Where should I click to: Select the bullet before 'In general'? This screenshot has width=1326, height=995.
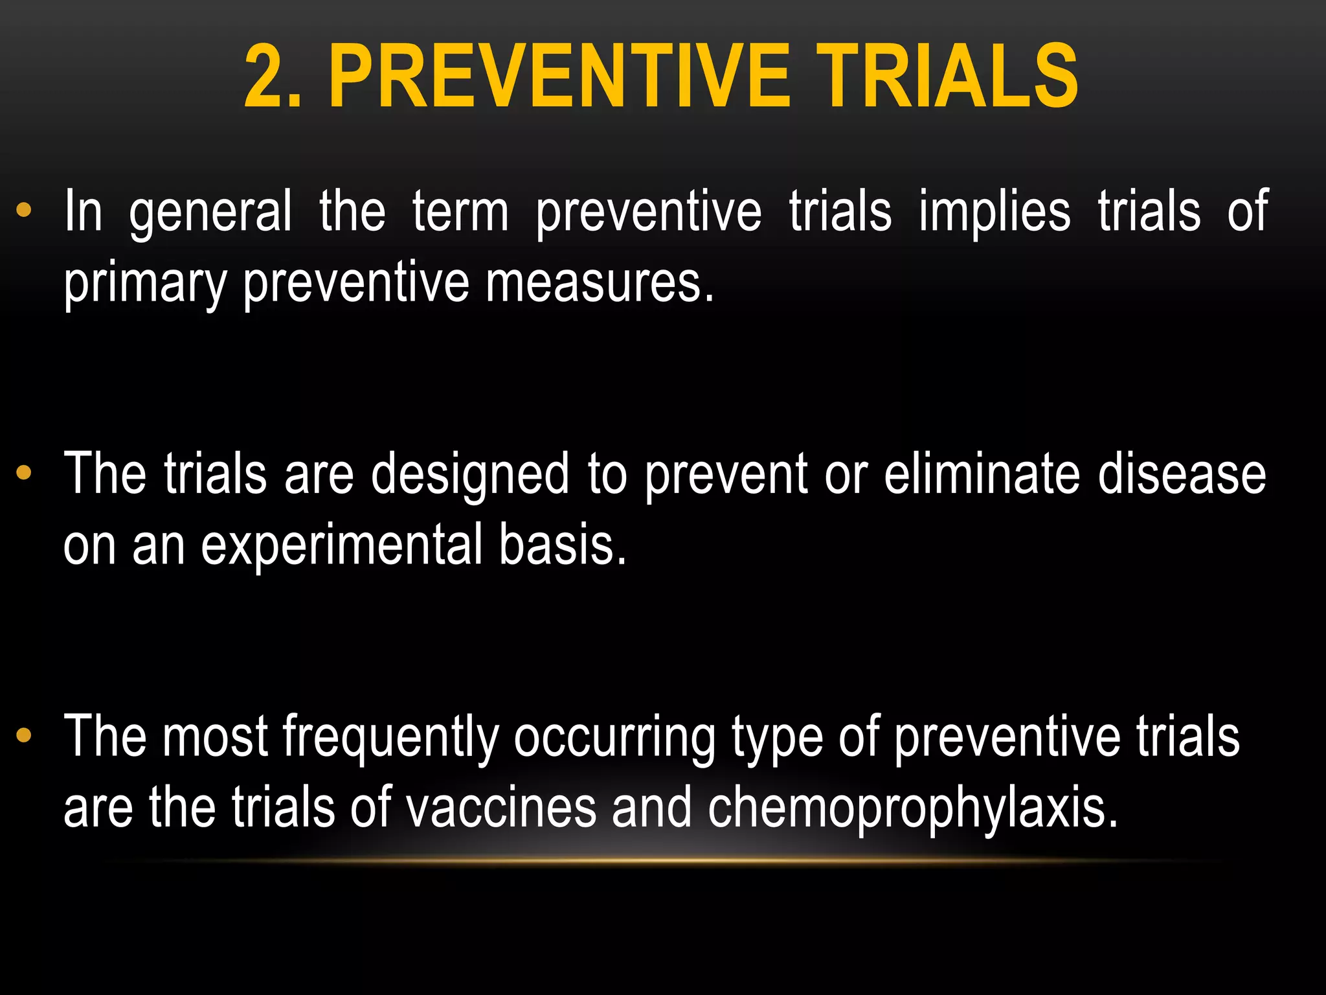click(x=24, y=210)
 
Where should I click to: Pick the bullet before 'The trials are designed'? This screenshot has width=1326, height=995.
click(x=24, y=473)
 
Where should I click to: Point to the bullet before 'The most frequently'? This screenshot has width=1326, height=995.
click(x=24, y=735)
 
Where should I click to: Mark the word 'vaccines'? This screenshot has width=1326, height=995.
click(x=500, y=807)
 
